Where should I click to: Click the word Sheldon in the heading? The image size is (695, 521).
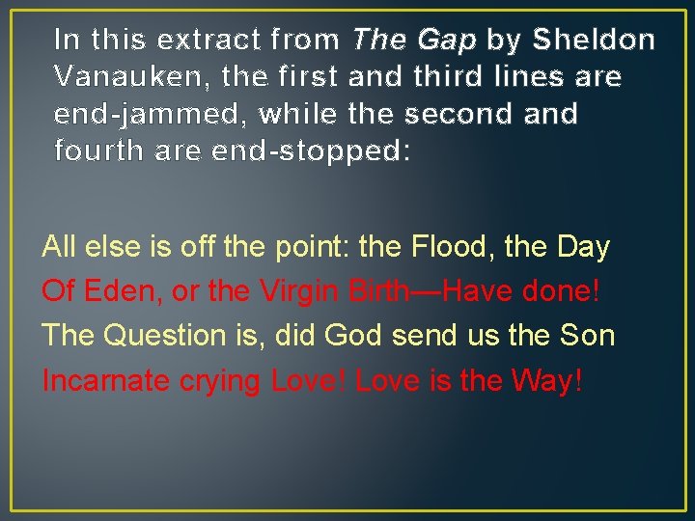[x=595, y=40]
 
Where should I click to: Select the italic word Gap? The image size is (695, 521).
[x=448, y=41]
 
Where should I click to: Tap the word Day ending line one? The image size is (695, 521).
[x=585, y=247]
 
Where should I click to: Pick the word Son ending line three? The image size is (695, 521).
[x=587, y=336]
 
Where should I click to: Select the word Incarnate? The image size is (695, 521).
[x=106, y=380]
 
